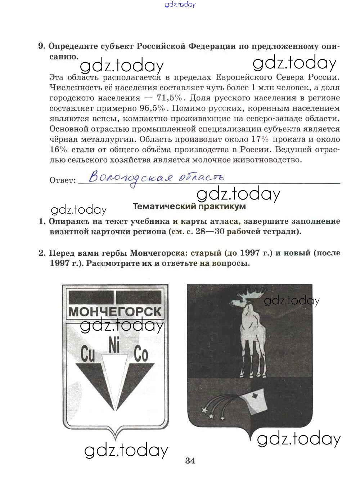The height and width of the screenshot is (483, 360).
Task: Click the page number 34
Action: coord(190,460)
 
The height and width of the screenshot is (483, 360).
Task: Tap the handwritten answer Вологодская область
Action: coord(156,178)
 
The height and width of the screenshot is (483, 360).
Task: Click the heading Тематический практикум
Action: coord(189,206)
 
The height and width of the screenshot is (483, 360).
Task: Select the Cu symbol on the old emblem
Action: coord(87,354)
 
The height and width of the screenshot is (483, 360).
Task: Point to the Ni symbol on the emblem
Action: coord(114,346)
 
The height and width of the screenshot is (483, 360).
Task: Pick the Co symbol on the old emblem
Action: coord(141,354)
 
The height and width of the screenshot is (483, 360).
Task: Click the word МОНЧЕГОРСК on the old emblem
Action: coord(115,312)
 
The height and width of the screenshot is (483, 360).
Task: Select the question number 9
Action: coord(41,46)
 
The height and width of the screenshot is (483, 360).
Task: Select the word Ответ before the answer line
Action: coord(62,180)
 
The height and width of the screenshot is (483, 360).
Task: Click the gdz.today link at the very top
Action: coord(180,4)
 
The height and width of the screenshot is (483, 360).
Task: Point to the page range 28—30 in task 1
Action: coord(210,232)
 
